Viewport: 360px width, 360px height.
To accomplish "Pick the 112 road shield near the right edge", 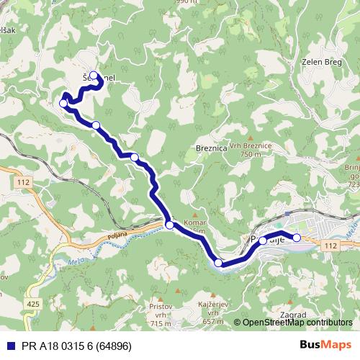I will pos(330,247).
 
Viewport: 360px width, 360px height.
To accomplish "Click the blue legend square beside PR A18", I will pos(9,345).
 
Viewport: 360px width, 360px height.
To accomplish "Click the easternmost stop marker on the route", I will pos(297,237).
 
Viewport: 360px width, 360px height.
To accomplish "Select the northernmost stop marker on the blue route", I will pos(93,75).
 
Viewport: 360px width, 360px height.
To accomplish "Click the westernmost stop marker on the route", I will pos(63,104).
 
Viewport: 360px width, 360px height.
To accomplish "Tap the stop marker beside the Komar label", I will pos(169,225).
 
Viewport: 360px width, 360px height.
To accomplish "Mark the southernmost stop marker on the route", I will pos(218,264).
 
